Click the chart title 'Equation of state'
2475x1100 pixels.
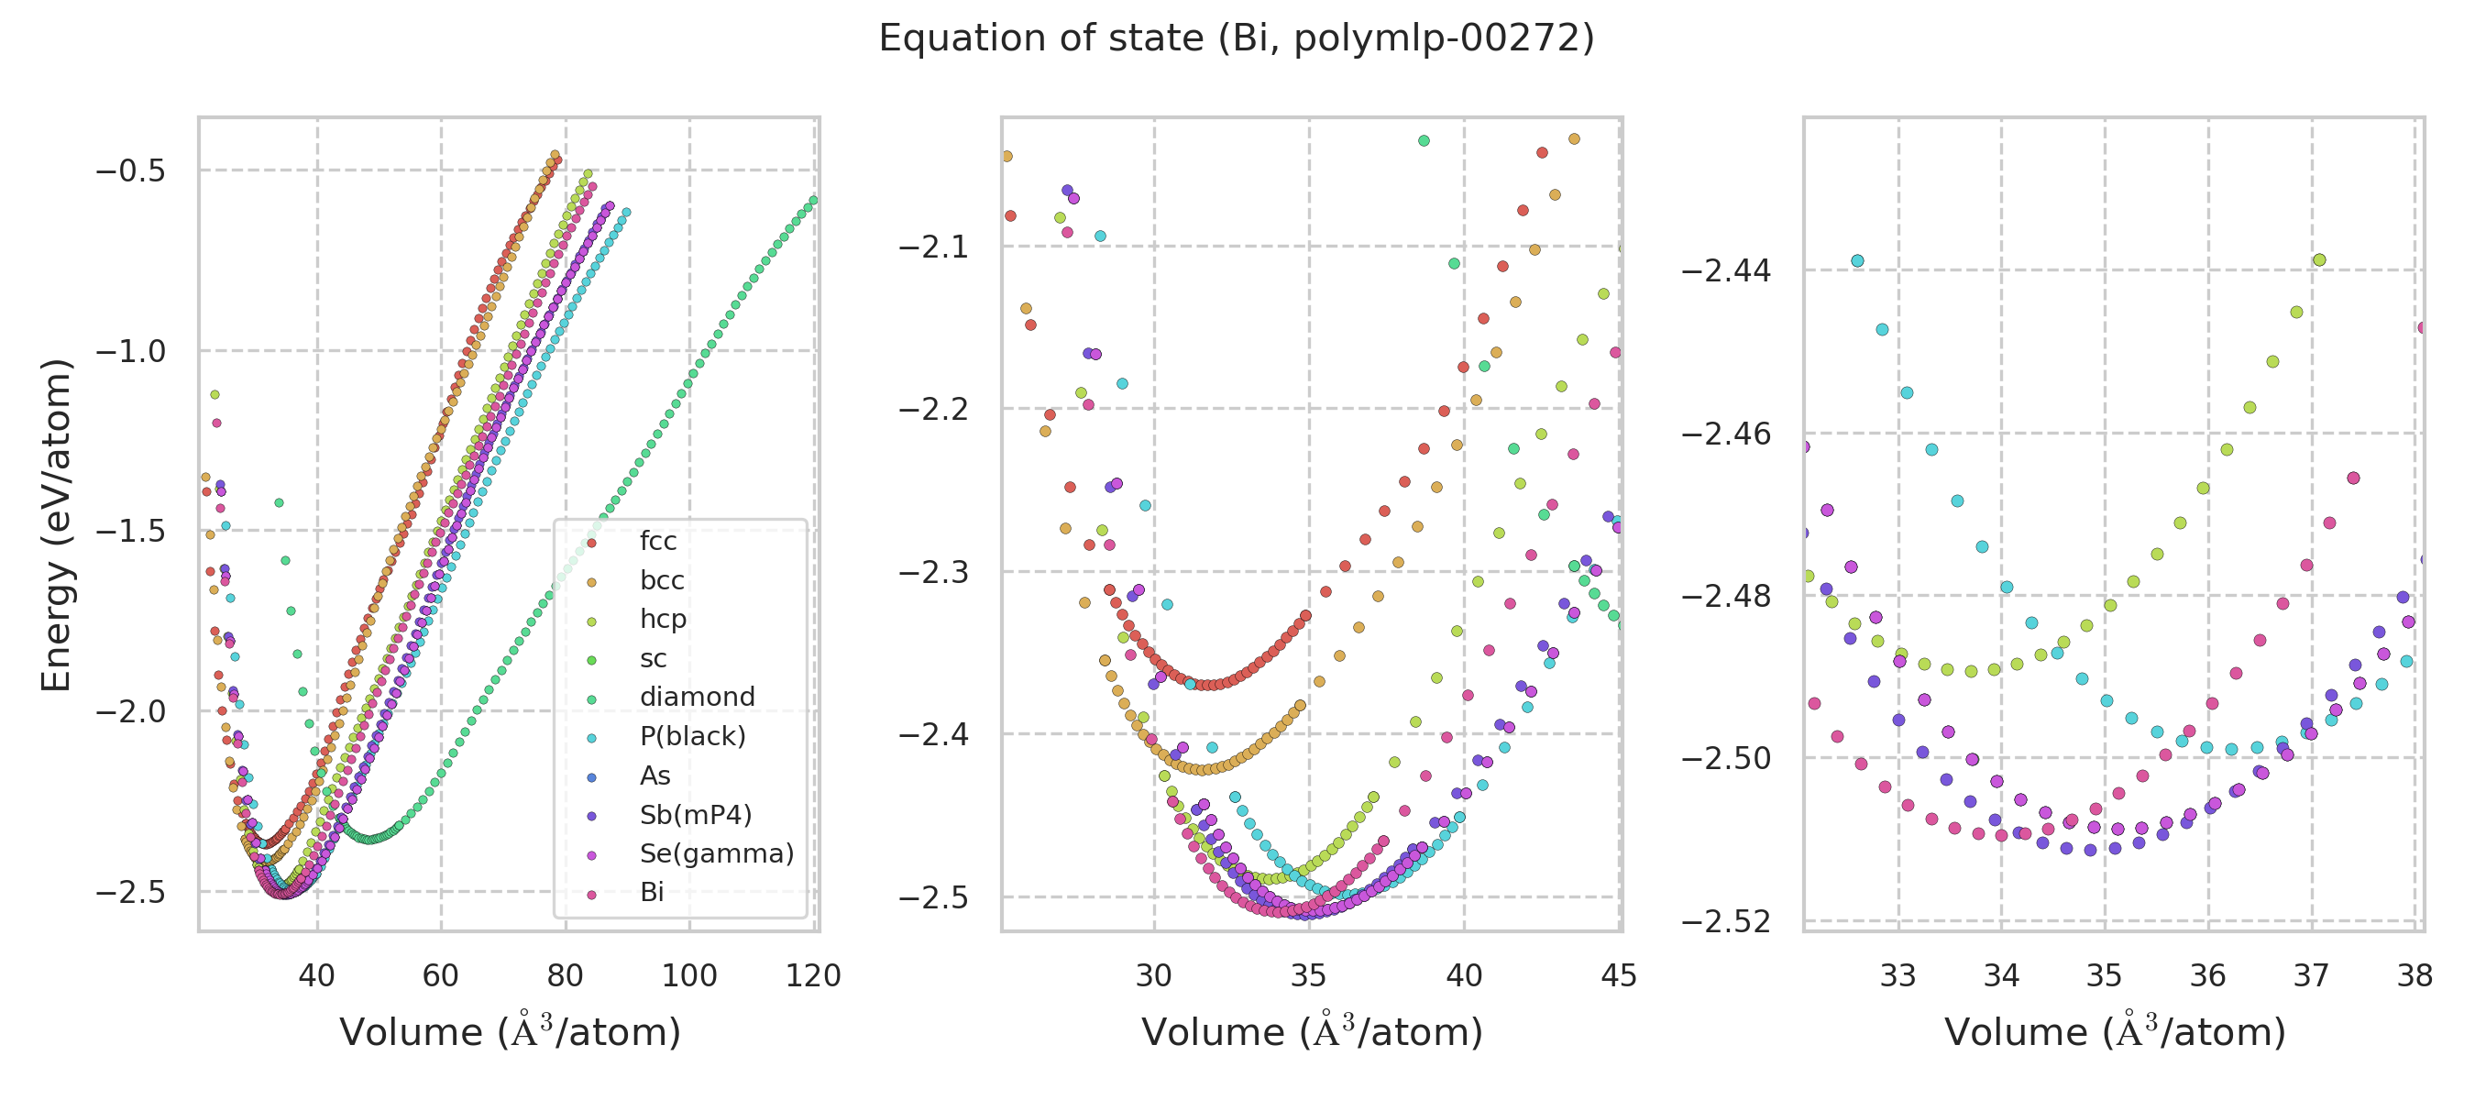coord(1236,38)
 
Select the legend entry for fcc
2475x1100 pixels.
coord(657,542)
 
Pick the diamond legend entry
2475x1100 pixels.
coord(697,698)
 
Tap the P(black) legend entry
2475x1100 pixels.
coord(692,737)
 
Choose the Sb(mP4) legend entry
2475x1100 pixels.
coord(695,816)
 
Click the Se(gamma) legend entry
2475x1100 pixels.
coord(716,854)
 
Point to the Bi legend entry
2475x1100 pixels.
coord(652,894)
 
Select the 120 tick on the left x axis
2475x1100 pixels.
coord(813,976)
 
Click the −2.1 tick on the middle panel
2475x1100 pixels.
coord(933,247)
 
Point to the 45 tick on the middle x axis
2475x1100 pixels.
coord(1619,976)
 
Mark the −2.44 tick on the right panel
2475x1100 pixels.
coord(1725,271)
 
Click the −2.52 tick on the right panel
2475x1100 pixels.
coord(1725,922)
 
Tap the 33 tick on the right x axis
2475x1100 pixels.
coord(1897,976)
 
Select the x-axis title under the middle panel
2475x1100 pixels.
coord(1312,1032)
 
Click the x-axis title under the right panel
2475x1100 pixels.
coord(2114,1032)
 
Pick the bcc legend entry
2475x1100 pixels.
coord(661,581)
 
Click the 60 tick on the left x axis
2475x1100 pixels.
coord(441,976)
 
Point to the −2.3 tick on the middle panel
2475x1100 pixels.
coord(933,573)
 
